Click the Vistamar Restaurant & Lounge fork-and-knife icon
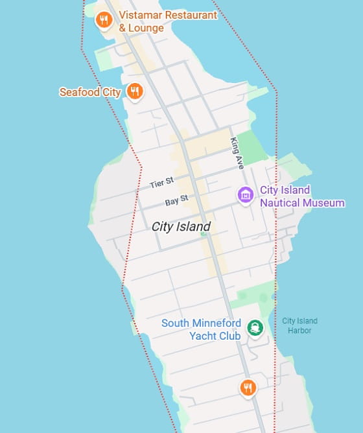pyautogui.click(x=103, y=20)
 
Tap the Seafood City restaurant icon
pyautogui.click(x=135, y=91)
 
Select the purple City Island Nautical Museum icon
pyautogui.click(x=246, y=194)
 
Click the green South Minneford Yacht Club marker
pyautogui.click(x=255, y=328)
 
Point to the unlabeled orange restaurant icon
pyautogui.click(x=248, y=388)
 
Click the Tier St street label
pyautogui.click(x=161, y=184)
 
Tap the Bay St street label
pyautogui.click(x=176, y=201)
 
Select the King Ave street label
pyautogui.click(x=237, y=154)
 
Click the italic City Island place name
pyautogui.click(x=181, y=227)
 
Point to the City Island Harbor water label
pyautogui.click(x=299, y=325)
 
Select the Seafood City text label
pyautogui.click(x=90, y=92)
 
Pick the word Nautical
pyautogui.click(x=280, y=203)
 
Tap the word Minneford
pyautogui.click(x=219, y=323)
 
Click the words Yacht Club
pyautogui.click(x=215, y=336)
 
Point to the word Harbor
pyautogui.click(x=300, y=331)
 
